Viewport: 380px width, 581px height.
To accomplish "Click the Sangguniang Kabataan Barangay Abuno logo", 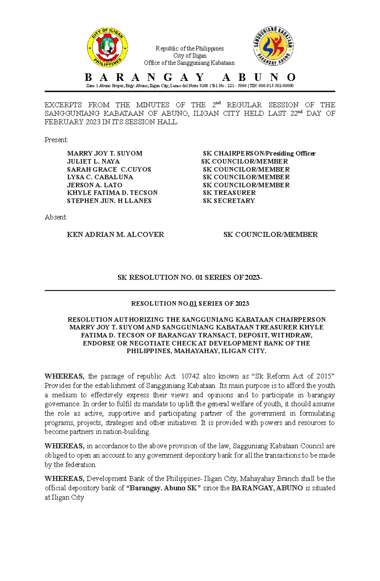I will [273, 46].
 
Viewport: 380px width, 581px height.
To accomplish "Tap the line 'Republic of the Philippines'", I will [189, 48].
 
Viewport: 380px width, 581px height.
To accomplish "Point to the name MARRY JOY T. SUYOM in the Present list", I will [104, 153].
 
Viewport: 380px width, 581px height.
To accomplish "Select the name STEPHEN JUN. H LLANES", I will [109, 201].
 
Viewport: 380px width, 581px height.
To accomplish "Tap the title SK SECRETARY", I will [229, 201].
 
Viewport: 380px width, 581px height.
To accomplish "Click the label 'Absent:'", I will [56, 217].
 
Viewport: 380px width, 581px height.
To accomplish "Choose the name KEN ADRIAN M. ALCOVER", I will [115, 235].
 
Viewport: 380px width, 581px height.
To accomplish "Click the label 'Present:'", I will [56, 140].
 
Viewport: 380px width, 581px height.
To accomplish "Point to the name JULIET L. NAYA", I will [93, 161].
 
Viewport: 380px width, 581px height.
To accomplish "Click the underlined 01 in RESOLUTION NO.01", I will [193, 304].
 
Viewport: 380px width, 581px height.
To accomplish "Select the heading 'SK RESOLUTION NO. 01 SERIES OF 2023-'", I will [190, 278].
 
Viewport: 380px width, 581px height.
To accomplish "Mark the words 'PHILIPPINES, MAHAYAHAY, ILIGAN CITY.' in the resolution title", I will [196, 351].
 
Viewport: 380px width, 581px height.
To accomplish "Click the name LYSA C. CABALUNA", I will [100, 177].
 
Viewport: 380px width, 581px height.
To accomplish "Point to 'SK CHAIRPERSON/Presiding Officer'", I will [259, 153].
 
